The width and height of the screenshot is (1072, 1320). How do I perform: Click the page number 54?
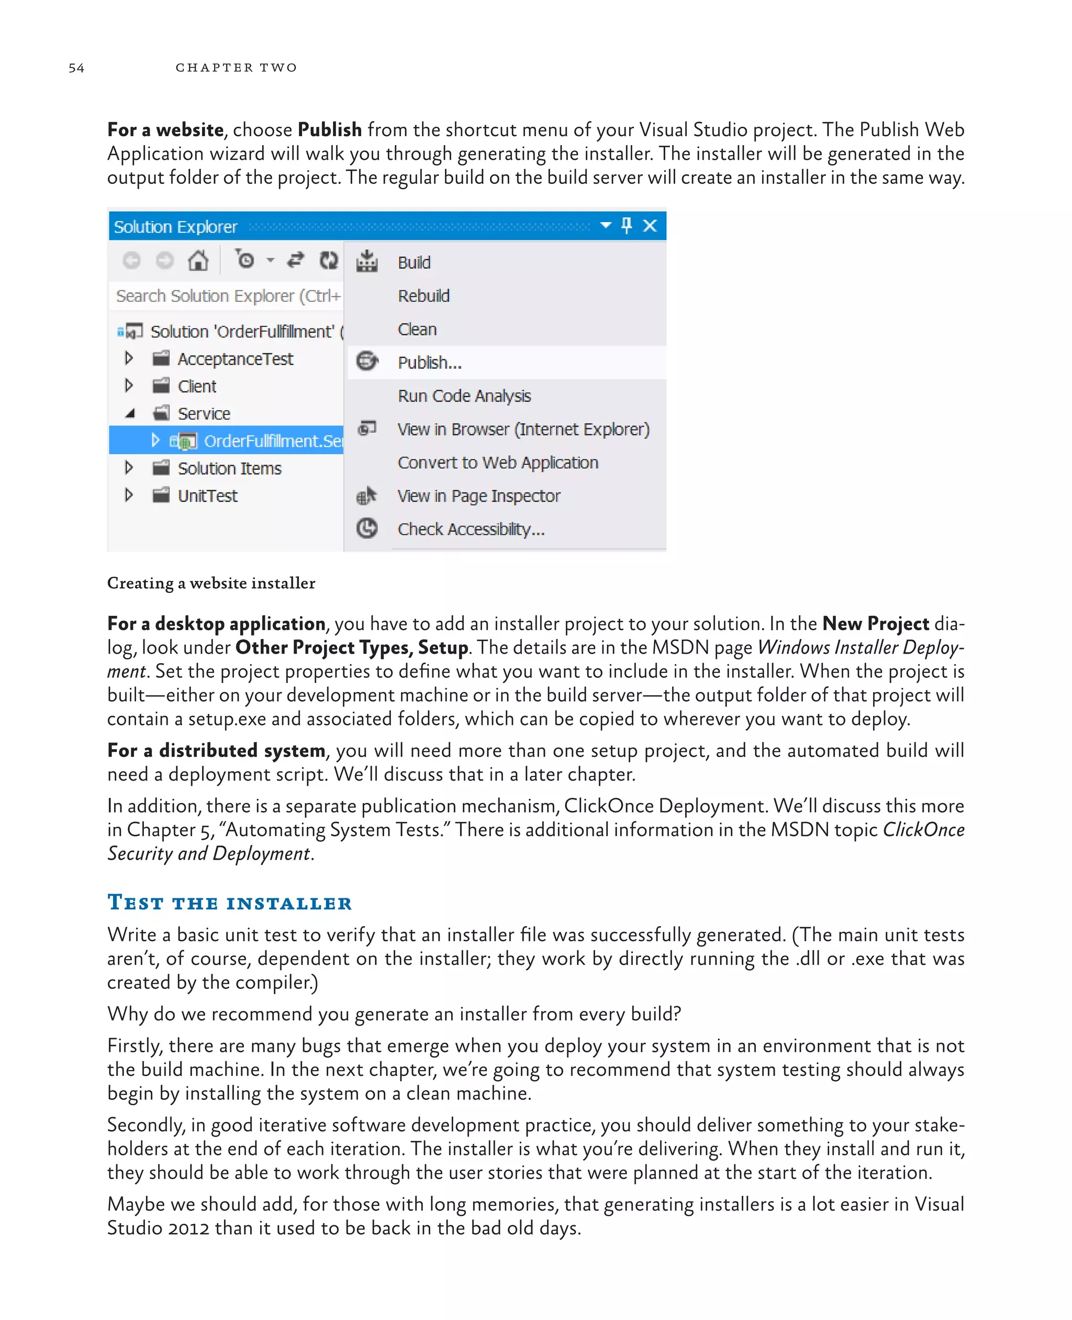(76, 68)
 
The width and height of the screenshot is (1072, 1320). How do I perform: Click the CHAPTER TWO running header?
(236, 68)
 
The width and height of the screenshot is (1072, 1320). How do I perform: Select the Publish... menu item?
(429, 363)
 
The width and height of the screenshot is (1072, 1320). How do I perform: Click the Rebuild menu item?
(423, 296)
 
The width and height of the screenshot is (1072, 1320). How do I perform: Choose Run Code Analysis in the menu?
(464, 396)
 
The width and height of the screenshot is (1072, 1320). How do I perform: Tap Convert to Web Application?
(498, 463)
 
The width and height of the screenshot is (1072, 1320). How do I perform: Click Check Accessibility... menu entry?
(471, 530)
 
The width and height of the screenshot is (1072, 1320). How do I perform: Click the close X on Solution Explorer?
(650, 226)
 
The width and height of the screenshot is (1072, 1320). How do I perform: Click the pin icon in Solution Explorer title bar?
(627, 226)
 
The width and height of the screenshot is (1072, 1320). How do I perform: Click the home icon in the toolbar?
(198, 261)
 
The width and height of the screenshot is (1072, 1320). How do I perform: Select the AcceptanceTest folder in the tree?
(234, 359)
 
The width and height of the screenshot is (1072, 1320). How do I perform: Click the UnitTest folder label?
(207, 496)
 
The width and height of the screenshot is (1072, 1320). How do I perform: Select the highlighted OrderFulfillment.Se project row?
(272, 441)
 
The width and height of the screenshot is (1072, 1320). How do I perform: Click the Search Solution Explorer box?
(227, 296)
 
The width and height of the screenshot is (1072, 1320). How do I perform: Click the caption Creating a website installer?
(211, 584)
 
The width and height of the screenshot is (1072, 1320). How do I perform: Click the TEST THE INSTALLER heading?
(229, 903)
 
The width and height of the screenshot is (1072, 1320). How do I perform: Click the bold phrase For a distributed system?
(216, 750)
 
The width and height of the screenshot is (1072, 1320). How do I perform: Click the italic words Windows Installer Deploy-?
(860, 647)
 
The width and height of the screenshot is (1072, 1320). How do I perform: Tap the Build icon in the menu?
(367, 261)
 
